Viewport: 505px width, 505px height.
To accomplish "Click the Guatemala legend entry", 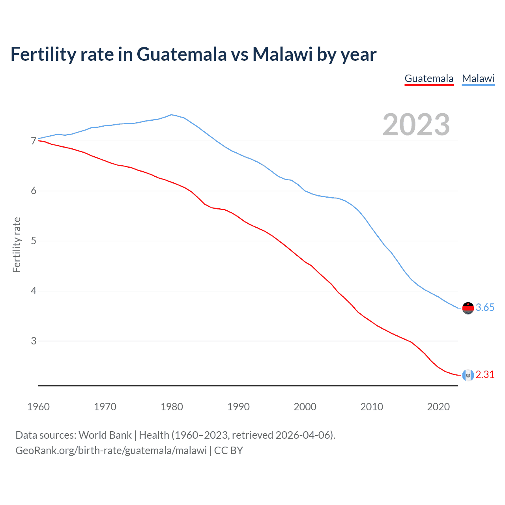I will (429, 79).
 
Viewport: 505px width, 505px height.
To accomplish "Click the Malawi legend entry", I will (478, 79).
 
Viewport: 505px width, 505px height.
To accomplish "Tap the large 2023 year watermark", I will (416, 125).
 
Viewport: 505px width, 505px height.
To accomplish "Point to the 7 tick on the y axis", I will (34, 141).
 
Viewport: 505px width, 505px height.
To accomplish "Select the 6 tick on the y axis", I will (34, 191).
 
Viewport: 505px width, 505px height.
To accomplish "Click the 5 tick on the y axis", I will (34, 241).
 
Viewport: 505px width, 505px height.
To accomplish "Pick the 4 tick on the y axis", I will (34, 291).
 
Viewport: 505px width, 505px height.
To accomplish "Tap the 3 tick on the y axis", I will (34, 341).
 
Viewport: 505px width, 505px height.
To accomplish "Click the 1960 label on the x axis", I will (38, 407).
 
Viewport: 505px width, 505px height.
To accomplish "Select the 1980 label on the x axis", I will (172, 407).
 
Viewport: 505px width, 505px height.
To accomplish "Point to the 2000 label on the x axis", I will (305, 407).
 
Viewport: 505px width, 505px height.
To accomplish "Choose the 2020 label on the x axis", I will (438, 407).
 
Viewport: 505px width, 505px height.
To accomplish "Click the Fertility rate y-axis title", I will (17, 245).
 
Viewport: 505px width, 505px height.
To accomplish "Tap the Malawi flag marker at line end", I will (468, 308).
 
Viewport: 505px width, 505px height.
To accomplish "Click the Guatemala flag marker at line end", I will (468, 375).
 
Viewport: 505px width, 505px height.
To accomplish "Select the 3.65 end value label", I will (485, 308).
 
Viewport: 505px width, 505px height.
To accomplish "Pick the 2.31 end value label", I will (485, 375).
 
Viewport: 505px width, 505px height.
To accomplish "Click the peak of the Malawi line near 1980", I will (171, 115).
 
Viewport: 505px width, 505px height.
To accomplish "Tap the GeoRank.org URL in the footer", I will (111, 451).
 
